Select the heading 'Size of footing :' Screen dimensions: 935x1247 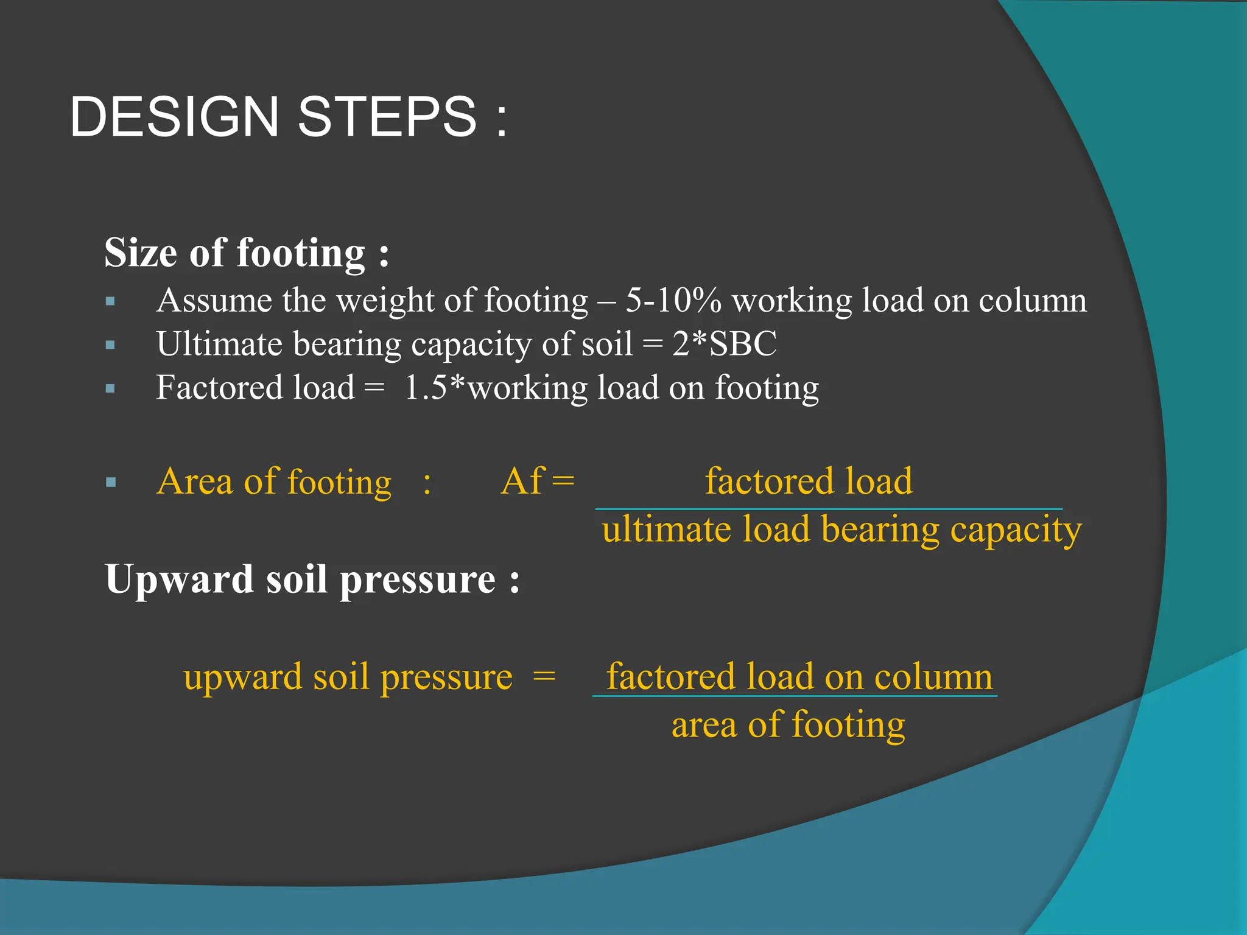tap(247, 253)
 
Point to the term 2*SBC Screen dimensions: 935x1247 tap(725, 344)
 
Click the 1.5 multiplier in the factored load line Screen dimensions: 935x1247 tap(426, 388)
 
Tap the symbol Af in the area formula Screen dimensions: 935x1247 tap(522, 482)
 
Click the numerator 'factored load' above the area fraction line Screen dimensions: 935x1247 tap(809, 482)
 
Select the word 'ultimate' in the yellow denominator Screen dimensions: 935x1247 tap(666, 529)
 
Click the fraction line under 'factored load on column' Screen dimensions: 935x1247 tap(795, 696)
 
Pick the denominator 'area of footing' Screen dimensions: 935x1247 tap(788, 725)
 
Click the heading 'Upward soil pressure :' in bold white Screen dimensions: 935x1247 tap(312, 579)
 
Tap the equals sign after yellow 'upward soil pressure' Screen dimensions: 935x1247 tap(544, 677)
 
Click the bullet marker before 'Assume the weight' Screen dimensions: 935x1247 tap(110, 301)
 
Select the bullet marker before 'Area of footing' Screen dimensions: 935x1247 tap(110, 483)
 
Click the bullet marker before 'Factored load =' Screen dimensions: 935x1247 tap(110, 388)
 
